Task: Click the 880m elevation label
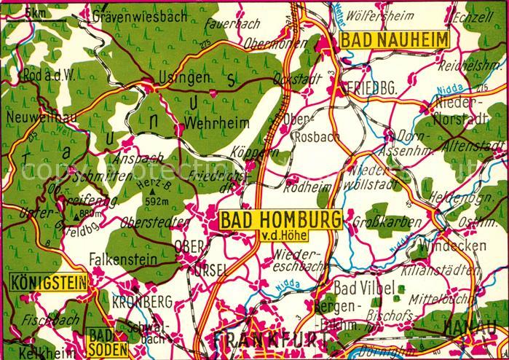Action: tap(92, 214)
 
